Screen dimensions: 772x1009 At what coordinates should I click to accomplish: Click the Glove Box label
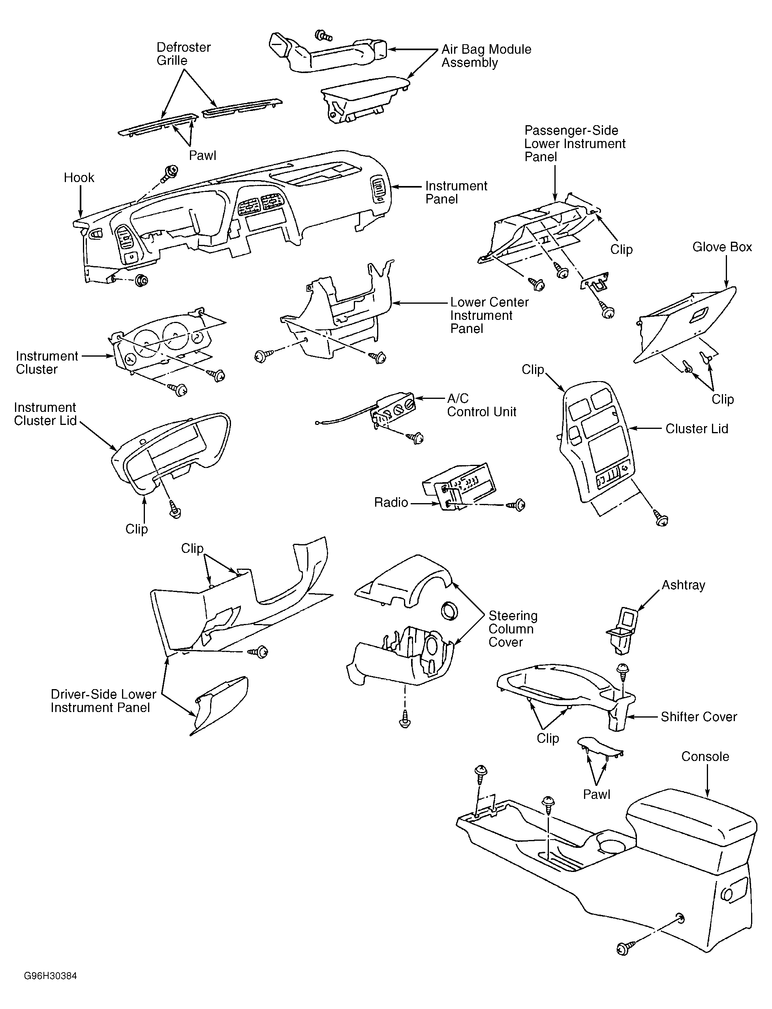click(x=722, y=247)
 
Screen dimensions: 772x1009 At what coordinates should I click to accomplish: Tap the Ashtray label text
click(x=683, y=585)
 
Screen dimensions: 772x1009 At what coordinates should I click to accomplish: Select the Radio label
click(x=391, y=502)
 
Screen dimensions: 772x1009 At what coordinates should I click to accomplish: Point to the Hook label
click(x=79, y=178)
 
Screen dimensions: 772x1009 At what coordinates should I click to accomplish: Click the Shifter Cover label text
click(x=699, y=717)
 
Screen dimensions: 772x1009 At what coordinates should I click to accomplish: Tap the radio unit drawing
click(x=456, y=487)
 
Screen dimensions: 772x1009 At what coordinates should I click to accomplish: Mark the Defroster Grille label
click(x=183, y=54)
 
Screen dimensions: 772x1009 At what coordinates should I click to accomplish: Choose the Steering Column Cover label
click(x=513, y=629)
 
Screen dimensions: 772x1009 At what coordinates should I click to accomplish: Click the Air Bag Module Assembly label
click(x=486, y=56)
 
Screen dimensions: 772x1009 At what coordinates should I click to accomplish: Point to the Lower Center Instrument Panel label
click(x=489, y=315)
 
